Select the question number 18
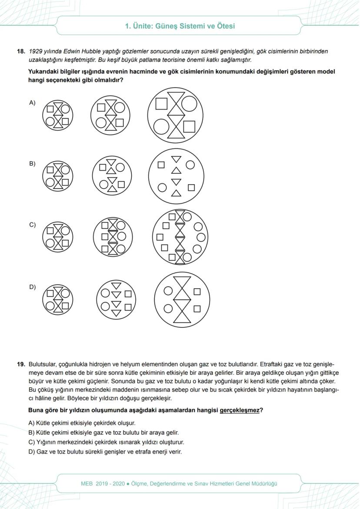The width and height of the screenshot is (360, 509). click(x=21, y=52)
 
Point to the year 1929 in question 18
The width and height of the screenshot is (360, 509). click(x=36, y=52)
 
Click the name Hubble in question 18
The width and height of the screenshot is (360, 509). click(x=92, y=52)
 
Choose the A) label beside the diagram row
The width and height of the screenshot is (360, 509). click(x=32, y=103)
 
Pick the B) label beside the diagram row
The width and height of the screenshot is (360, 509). click(x=32, y=164)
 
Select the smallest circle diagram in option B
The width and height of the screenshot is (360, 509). click(x=57, y=176)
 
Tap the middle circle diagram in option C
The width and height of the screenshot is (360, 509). click(x=113, y=237)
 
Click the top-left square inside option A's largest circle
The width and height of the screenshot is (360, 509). click(x=162, y=104)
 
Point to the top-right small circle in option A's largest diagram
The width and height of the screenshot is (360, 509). click(x=189, y=103)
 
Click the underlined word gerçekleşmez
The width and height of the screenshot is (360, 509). click(x=240, y=410)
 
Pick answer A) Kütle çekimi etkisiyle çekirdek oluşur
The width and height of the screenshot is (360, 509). click(x=82, y=423)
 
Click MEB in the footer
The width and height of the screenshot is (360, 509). click(x=87, y=484)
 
